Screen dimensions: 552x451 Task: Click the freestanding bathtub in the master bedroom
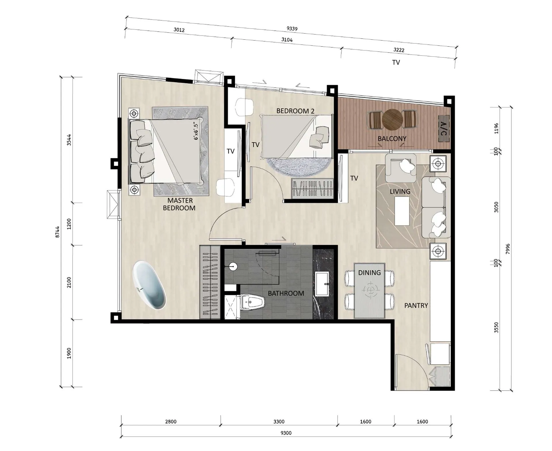[x=149, y=285]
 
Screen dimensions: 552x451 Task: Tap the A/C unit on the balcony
[x=444, y=128]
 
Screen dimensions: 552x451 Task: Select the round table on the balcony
[x=392, y=120]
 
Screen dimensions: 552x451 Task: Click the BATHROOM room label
[x=286, y=293]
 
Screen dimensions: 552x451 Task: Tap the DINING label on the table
[x=369, y=273]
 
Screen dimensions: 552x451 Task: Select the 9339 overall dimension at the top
[x=292, y=28]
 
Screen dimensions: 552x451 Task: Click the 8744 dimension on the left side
[x=57, y=232]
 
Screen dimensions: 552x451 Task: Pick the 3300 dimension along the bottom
[x=279, y=421]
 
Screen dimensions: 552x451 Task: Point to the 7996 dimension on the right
[x=508, y=249]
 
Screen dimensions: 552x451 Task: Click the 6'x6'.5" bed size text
[x=196, y=131]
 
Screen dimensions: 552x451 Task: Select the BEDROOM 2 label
[x=295, y=111]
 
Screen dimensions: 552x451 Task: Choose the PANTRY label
[x=416, y=305]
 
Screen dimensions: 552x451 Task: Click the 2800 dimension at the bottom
[x=171, y=421]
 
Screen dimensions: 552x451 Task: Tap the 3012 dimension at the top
[x=179, y=30]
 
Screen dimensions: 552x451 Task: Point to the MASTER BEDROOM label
[x=179, y=204]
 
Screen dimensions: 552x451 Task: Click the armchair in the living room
[x=401, y=168]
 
